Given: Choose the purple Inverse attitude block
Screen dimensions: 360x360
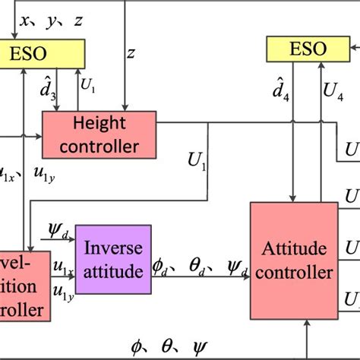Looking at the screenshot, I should pos(112,257).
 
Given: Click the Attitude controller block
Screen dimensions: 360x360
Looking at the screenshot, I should pos(295,258).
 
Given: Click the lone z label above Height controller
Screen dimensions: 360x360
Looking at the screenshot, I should pos(131,54).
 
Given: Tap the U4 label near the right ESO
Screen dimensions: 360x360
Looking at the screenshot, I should pos(332,92).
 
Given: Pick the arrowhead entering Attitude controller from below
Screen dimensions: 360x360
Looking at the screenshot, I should pos(305,322).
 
